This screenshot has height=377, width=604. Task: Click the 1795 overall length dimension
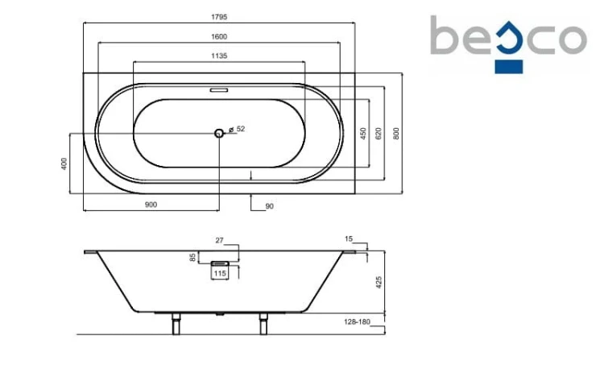(219, 17)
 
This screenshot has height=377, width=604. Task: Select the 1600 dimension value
(219, 36)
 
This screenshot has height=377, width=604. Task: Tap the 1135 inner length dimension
(219, 56)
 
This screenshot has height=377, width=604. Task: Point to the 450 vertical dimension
(363, 134)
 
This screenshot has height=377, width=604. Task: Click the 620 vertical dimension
(379, 134)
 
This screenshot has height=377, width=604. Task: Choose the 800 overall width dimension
(396, 134)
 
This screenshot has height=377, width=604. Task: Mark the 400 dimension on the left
(64, 164)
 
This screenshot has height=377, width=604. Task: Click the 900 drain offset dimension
(151, 205)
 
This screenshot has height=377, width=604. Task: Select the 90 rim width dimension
(269, 206)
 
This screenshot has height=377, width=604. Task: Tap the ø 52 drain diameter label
(237, 129)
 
